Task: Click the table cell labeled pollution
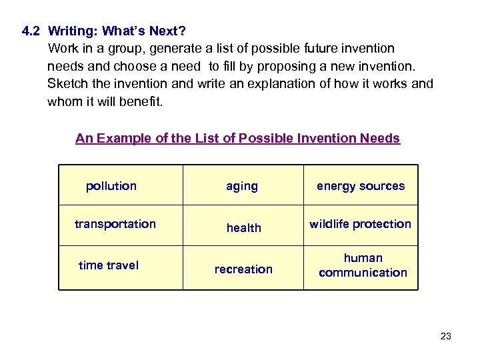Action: (111, 186)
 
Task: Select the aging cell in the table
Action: (241, 186)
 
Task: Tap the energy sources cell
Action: (360, 186)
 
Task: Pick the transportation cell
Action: (115, 224)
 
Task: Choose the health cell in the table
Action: (243, 228)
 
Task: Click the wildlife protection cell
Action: (360, 224)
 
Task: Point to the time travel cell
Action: (109, 265)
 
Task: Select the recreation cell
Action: (243, 269)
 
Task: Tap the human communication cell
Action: (363, 265)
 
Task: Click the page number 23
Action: (446, 336)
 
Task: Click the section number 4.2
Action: (31, 31)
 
